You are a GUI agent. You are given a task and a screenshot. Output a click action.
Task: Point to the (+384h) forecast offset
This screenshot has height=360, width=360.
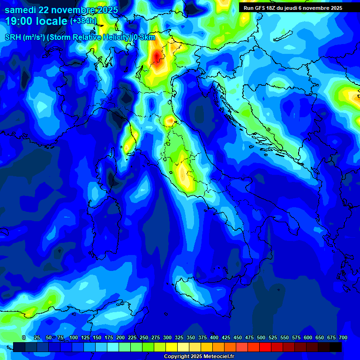83,21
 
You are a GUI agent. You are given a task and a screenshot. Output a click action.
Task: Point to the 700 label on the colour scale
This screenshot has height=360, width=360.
343,337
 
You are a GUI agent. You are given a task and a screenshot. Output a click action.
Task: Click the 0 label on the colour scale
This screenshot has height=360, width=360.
23,337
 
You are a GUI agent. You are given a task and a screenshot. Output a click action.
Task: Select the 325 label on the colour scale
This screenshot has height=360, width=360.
179,337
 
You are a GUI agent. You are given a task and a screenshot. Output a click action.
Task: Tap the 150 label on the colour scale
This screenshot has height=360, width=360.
97,337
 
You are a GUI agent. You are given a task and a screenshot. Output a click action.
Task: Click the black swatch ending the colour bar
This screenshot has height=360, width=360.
336,347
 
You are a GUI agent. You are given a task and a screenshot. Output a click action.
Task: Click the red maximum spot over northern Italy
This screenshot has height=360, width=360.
157,57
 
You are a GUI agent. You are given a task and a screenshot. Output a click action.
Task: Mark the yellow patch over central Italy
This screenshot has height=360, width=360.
185,176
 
